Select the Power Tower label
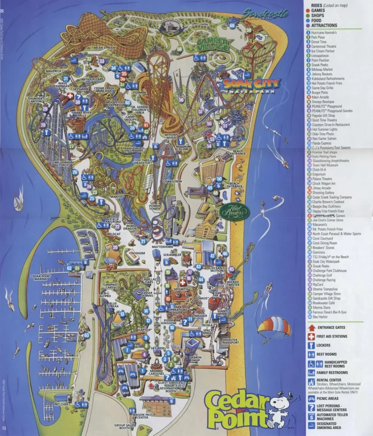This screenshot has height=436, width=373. click(x=154, y=207)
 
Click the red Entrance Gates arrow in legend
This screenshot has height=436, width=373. click(x=312, y=327)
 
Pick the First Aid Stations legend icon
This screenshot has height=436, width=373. click(x=312, y=336)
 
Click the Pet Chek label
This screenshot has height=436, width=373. click(x=63, y=404)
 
